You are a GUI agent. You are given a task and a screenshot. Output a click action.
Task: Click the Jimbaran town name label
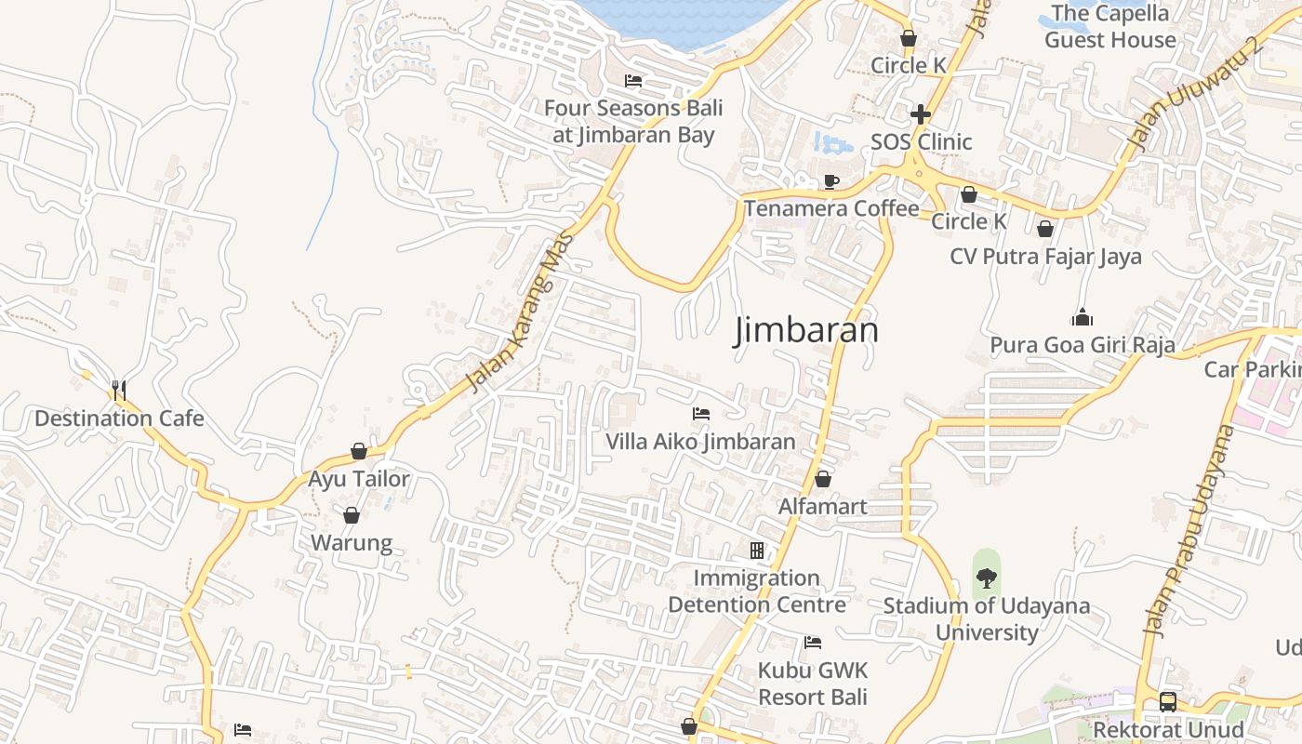(x=806, y=331)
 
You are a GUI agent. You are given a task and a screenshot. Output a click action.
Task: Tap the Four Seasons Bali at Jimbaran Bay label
(x=633, y=122)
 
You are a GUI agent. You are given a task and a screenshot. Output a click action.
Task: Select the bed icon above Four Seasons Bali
(x=633, y=81)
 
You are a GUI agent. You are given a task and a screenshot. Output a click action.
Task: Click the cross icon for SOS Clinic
(x=921, y=114)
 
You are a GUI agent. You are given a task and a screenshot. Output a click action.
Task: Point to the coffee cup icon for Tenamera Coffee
(x=830, y=181)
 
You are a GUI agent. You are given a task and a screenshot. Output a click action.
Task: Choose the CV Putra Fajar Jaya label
(x=1045, y=256)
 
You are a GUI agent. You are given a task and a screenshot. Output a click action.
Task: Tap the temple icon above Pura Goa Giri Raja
(x=1082, y=318)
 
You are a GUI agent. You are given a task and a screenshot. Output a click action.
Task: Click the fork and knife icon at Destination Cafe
(x=118, y=390)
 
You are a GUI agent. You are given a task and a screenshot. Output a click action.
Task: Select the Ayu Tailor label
(x=359, y=479)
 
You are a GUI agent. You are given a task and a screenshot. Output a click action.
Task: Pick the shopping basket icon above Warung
(x=352, y=515)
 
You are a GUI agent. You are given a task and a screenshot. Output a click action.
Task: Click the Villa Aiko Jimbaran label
(x=701, y=442)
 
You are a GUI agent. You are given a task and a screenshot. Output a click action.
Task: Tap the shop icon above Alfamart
(x=822, y=479)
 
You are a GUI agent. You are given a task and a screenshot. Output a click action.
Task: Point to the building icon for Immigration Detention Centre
(x=757, y=551)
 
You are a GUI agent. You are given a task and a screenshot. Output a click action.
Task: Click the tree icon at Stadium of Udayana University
(x=986, y=578)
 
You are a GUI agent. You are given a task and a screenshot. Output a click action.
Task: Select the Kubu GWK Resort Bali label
(x=813, y=684)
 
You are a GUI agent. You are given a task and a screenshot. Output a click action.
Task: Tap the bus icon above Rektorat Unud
(x=1167, y=702)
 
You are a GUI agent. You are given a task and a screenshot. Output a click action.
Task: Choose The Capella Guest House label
(x=1109, y=26)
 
